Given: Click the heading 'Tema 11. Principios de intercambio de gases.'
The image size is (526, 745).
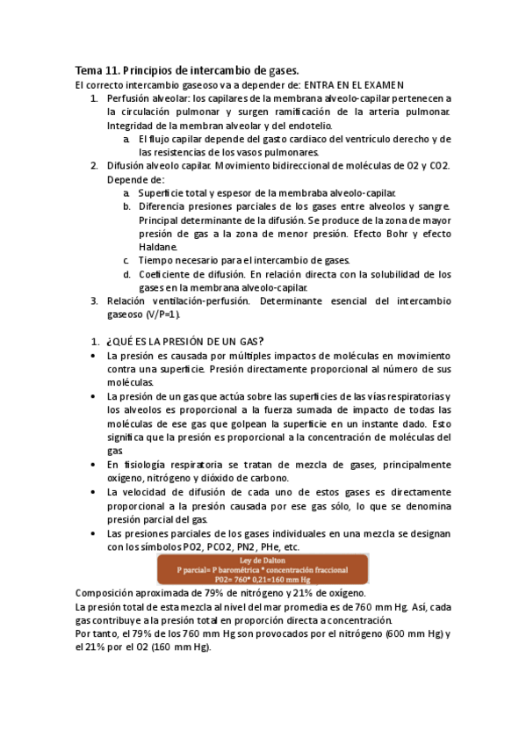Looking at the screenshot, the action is (x=187, y=70).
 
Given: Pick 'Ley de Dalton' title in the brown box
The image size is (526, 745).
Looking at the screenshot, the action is (x=264, y=560).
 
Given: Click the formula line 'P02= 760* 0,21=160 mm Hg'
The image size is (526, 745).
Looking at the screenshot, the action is (x=264, y=579).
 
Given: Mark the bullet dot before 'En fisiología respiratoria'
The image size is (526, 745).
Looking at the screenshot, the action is (x=95, y=465).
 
